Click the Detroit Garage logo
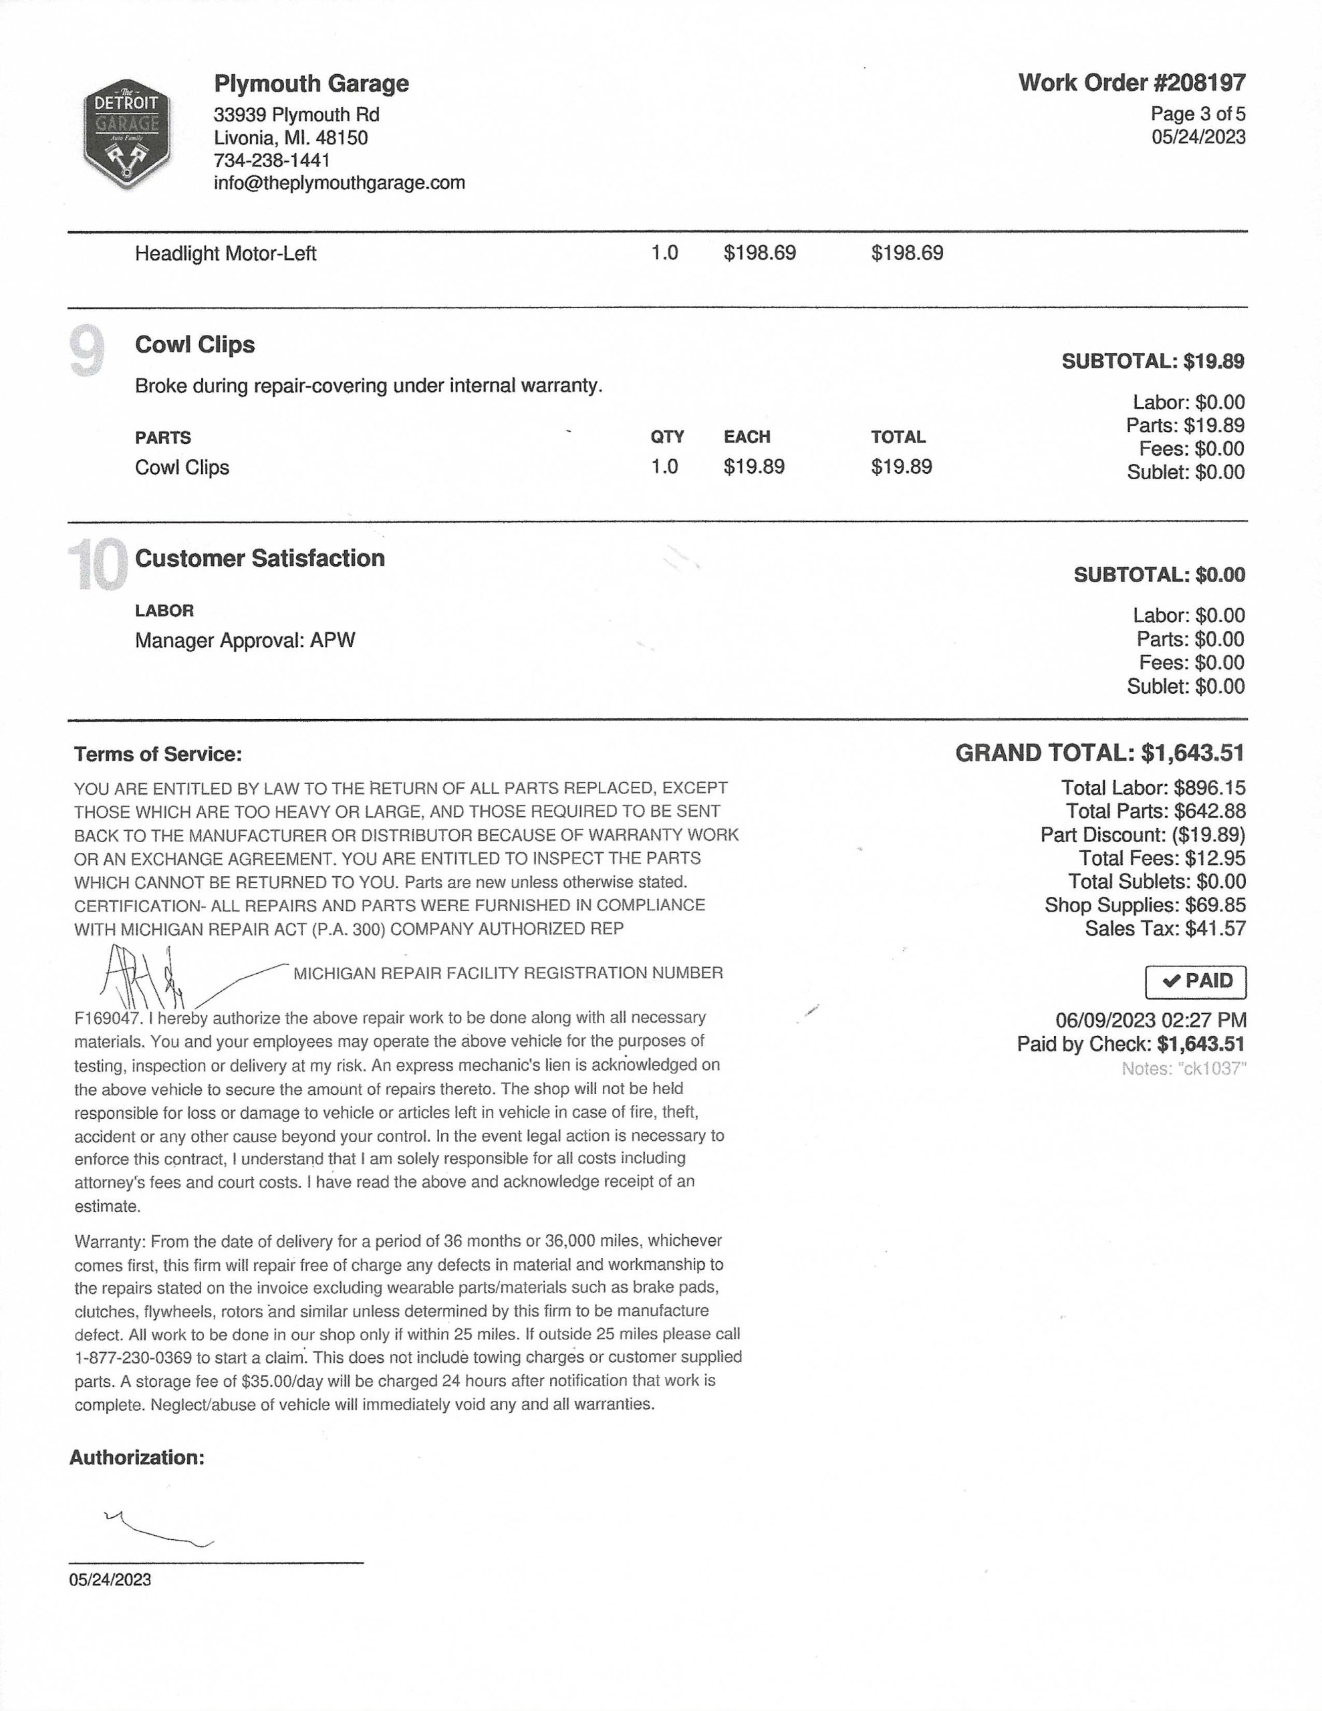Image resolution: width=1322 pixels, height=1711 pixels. click(126, 134)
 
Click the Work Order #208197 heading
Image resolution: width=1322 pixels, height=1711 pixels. click(1131, 82)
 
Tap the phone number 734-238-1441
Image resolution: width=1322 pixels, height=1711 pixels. click(272, 160)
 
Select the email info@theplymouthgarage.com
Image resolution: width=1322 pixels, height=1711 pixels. click(340, 183)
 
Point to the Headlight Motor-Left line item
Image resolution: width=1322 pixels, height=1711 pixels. click(226, 254)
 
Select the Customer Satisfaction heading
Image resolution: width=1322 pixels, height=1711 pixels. click(259, 559)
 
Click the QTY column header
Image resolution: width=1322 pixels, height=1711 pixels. click(667, 437)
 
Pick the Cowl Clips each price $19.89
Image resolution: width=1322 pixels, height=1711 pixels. click(754, 467)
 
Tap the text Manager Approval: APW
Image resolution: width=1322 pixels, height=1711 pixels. click(245, 641)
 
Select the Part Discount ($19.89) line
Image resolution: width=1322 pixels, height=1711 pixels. click(1142, 835)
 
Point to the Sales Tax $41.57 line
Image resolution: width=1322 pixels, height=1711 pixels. click(1164, 929)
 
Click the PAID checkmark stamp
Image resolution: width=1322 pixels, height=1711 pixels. click(1195, 982)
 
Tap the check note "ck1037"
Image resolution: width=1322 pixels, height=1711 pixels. click(1183, 1069)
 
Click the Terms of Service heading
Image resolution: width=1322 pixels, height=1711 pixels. click(158, 755)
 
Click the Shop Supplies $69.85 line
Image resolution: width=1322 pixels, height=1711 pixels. click(1144, 906)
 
